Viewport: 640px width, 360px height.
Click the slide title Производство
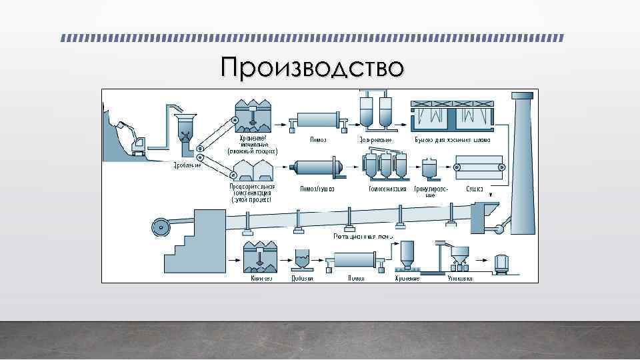[x=313, y=67]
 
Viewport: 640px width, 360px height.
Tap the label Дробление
[x=187, y=165]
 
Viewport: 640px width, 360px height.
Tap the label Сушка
[x=475, y=189]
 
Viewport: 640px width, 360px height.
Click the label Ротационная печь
[x=364, y=235]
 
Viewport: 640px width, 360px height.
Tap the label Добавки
[x=301, y=278]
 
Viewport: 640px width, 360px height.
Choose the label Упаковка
[x=460, y=278]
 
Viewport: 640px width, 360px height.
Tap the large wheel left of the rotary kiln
[x=161, y=227]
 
